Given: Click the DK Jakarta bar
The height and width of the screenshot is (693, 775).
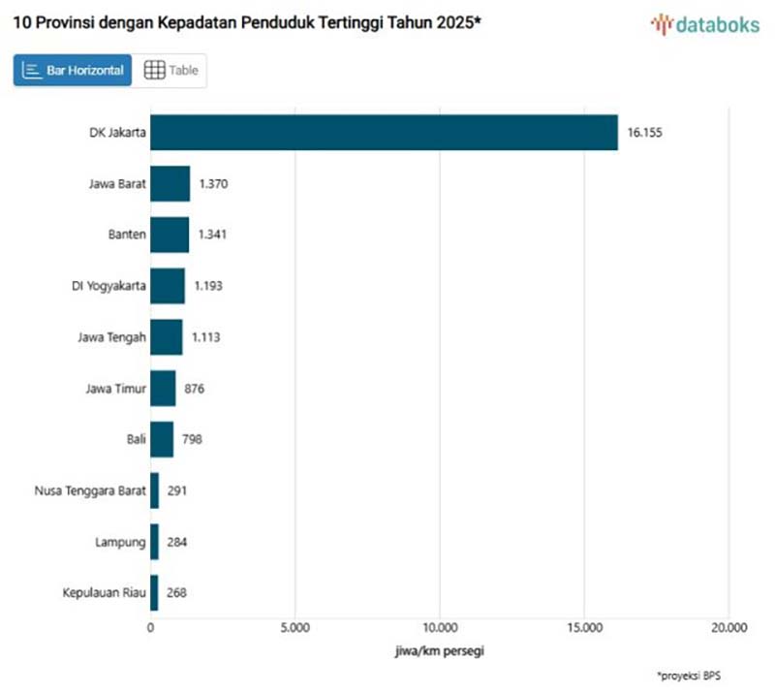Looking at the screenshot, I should click(x=384, y=133).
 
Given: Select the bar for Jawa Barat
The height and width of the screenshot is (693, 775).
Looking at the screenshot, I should click(x=170, y=183).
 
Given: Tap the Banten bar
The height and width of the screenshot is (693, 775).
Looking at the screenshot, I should click(x=170, y=235).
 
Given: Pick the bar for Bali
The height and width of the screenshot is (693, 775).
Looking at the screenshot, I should click(x=162, y=439).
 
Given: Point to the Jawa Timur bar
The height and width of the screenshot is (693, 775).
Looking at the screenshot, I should click(x=163, y=389).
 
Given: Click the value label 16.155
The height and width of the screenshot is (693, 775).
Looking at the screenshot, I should click(x=644, y=133).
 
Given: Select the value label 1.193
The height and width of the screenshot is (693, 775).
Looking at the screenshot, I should click(x=210, y=286).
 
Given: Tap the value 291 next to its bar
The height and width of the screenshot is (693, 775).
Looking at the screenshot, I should click(x=176, y=490).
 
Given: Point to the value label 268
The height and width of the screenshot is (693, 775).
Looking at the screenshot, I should click(x=176, y=592).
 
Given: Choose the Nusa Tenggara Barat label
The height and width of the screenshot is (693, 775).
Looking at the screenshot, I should click(x=90, y=490).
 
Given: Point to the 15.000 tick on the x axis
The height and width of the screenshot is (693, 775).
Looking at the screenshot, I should click(x=584, y=627).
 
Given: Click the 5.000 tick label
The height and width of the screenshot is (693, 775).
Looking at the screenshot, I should click(x=294, y=627).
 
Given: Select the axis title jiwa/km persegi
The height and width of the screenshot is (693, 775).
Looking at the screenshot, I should click(x=439, y=650).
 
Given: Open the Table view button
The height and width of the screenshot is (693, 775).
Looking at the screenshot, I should click(x=170, y=70).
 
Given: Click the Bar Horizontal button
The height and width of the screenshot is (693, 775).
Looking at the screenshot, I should click(x=73, y=70).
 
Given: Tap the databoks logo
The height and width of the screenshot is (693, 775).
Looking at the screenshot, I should click(x=705, y=25).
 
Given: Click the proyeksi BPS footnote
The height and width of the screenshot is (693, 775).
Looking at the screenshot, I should click(x=688, y=675).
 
